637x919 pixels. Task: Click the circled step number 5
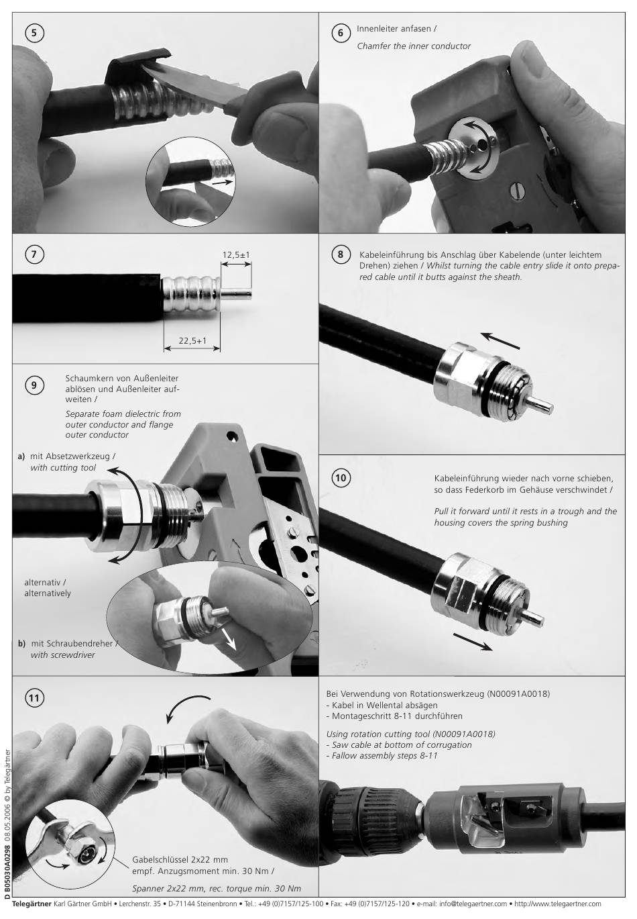point(34,33)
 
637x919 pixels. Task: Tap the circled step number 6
point(341,33)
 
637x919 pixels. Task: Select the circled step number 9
point(34,385)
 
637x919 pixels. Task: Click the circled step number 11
point(34,698)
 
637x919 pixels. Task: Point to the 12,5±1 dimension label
point(236,255)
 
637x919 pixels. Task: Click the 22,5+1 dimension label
point(192,340)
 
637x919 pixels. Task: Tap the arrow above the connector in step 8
point(500,340)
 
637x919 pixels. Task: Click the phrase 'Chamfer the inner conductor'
point(414,46)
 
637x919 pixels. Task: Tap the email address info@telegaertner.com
point(473,904)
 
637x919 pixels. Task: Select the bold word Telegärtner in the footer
point(32,904)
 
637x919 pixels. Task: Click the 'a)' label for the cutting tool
point(21,456)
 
